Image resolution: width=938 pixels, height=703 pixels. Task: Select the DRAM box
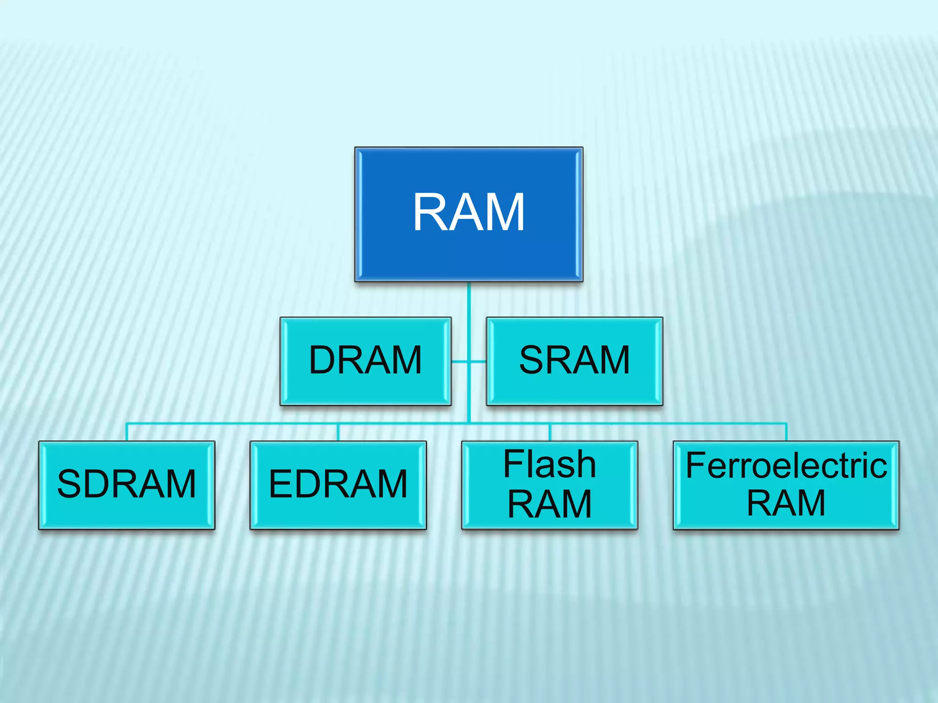(365, 361)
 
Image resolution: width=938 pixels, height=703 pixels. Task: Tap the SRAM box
(574, 361)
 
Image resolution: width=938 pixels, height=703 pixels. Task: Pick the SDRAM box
(126, 485)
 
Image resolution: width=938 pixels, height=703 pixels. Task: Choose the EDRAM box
(338, 485)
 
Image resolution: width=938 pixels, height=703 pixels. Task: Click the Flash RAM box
(549, 485)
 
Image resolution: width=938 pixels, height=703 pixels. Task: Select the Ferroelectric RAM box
(786, 485)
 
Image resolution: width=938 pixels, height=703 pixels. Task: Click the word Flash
(549, 465)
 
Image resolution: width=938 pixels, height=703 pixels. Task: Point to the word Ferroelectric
(786, 465)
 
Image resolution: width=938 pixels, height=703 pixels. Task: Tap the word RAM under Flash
(549, 504)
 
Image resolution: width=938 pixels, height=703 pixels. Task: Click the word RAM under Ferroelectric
(786, 503)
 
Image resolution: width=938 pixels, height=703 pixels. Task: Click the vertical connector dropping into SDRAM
(127, 432)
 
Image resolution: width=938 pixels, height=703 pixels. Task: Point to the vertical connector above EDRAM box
(338, 432)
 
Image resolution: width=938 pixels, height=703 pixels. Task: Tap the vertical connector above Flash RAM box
(550, 432)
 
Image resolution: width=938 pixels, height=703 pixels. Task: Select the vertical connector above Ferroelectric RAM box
(786, 432)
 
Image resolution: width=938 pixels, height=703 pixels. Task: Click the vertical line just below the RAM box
(469, 298)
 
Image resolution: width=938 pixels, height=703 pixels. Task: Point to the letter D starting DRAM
(322, 360)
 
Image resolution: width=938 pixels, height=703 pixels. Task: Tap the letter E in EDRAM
(279, 484)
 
